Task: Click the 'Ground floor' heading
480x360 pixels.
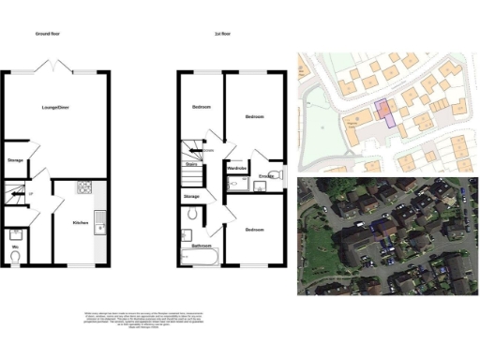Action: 49,34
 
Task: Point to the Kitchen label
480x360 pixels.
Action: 81,222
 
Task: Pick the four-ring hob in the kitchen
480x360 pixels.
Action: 82,187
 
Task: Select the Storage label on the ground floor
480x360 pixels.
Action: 14,159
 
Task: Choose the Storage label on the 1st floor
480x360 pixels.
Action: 191,196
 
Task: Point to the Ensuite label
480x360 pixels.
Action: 265,175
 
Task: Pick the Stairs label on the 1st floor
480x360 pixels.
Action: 190,162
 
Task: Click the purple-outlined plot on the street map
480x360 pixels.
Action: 383,112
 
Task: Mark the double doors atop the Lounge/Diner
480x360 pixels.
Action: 54,68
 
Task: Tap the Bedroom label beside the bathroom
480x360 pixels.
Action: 254,229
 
